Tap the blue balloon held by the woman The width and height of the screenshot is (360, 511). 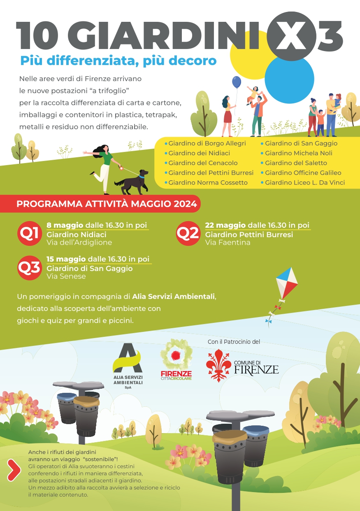pyautogui.click(x=237, y=82)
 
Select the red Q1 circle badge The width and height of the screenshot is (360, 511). pyautogui.click(x=29, y=233)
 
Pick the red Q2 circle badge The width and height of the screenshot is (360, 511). pyautogui.click(x=188, y=233)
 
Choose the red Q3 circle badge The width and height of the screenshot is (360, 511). pyautogui.click(x=29, y=267)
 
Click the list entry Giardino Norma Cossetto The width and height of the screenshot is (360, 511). pyautogui.click(x=208, y=182)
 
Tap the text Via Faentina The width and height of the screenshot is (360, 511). pyautogui.click(x=228, y=243)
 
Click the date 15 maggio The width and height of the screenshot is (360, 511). pyautogui.click(x=66, y=259)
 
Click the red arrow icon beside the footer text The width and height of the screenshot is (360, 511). pyautogui.click(x=14, y=470)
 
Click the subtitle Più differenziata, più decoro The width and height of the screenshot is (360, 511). pyautogui.click(x=118, y=61)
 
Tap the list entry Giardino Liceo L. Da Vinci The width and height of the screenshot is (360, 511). pyautogui.click(x=304, y=182)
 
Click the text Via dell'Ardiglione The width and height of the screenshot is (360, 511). pyautogui.click(x=79, y=243)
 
